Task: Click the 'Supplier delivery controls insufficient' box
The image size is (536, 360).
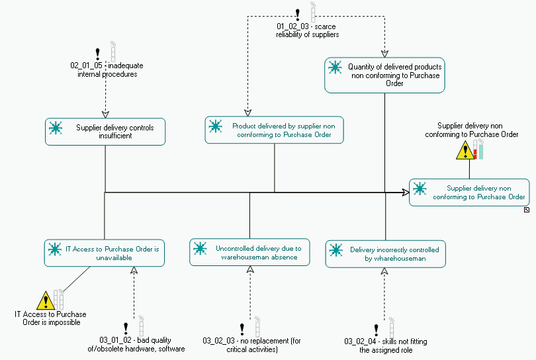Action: click(105, 132)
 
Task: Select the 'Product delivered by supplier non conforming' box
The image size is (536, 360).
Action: click(274, 130)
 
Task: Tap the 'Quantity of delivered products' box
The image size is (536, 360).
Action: click(384, 75)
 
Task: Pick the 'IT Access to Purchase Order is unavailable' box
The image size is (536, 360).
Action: click(105, 253)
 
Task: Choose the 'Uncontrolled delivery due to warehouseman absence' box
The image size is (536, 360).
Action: click(249, 253)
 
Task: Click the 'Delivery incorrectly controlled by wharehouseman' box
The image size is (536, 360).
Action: click(384, 254)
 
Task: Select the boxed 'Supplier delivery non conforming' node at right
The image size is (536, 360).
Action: click(469, 193)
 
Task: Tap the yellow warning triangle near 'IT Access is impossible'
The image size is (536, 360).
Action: click(45, 301)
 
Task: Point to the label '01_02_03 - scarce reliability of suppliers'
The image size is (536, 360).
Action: click(307, 30)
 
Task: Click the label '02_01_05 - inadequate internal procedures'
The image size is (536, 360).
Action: click(107, 69)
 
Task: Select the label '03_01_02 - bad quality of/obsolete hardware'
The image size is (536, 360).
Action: click(136, 345)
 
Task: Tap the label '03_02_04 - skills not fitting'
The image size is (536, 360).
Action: click(386, 345)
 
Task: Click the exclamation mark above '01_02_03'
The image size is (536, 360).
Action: click(297, 13)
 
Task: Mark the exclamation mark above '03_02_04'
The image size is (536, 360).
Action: click(376, 329)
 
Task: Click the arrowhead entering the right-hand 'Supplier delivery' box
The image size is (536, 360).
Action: click(404, 193)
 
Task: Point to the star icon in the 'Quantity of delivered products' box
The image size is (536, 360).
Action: click(335, 67)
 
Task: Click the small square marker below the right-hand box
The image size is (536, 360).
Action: click(526, 210)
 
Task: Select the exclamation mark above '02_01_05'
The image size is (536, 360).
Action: click(98, 53)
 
